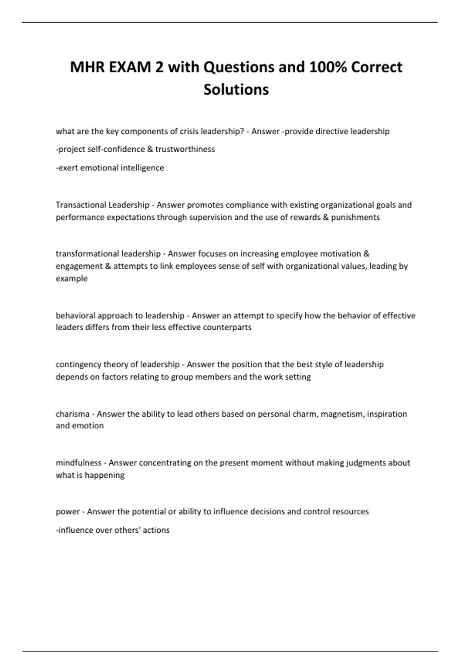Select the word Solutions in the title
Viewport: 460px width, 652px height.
(x=236, y=89)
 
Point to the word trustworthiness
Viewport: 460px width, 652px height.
(x=185, y=149)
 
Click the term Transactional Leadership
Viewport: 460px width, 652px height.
(x=102, y=205)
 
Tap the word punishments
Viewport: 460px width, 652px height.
(x=355, y=217)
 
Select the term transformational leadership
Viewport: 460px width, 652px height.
(x=108, y=254)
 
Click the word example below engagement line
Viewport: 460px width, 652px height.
(x=72, y=278)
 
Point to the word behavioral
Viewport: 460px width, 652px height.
(x=76, y=315)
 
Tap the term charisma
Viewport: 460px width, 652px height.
(x=72, y=414)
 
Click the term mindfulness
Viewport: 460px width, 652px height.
(x=79, y=463)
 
